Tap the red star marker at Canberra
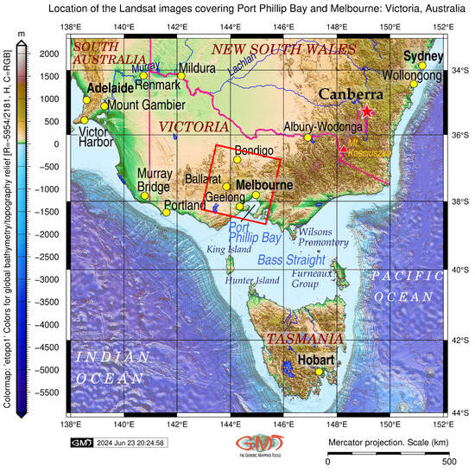coord(368,112)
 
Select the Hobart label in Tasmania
coord(315,360)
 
